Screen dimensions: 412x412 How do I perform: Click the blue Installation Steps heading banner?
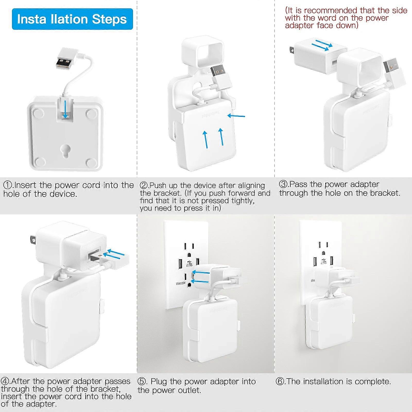click(72, 19)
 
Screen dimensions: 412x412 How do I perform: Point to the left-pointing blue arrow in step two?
click(236, 116)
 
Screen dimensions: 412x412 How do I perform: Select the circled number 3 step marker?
click(284, 184)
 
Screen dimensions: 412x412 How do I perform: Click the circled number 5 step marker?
click(142, 381)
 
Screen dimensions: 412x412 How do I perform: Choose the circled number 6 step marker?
click(280, 381)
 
